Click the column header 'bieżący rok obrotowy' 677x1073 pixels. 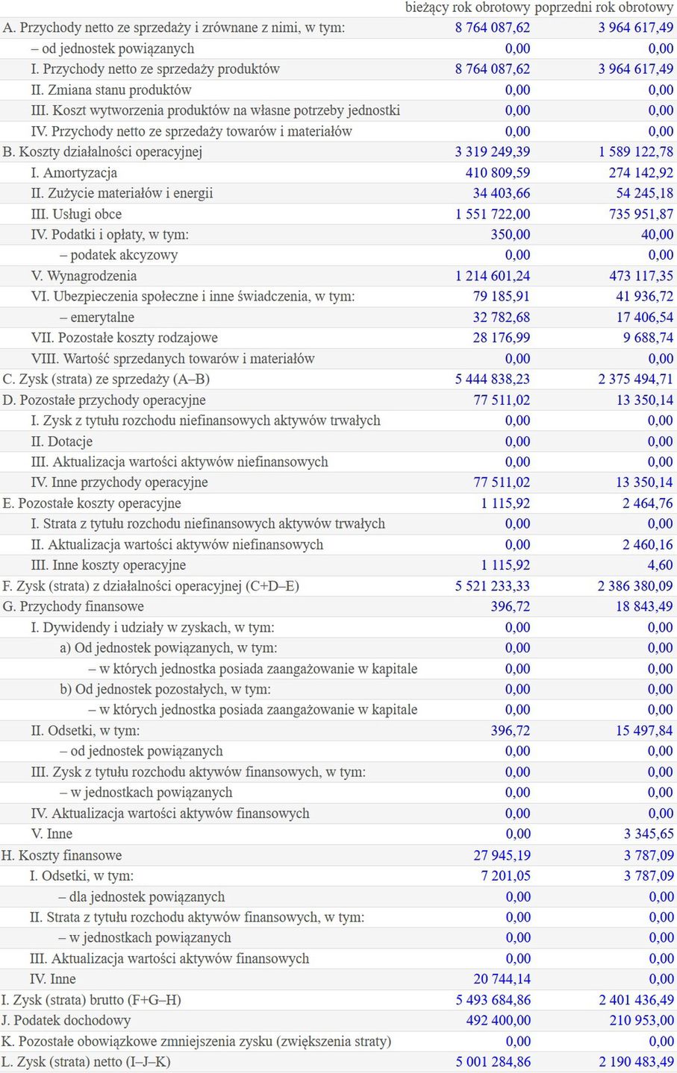click(x=467, y=7)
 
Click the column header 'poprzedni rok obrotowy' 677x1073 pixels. click(x=604, y=7)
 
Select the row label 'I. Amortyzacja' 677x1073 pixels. click(x=74, y=173)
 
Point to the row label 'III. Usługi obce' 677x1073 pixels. click(x=76, y=214)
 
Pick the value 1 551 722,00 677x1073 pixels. click(x=493, y=214)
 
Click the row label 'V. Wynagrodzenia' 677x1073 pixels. click(x=84, y=276)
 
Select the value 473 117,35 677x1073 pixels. click(x=641, y=276)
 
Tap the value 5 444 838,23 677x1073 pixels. click(x=493, y=380)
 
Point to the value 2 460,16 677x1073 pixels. click(x=648, y=545)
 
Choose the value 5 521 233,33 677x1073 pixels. click(x=493, y=586)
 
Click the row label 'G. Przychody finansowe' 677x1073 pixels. click(x=73, y=607)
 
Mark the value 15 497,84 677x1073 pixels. click(x=644, y=731)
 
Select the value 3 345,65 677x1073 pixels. click(x=649, y=834)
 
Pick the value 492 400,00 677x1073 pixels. click(x=499, y=1021)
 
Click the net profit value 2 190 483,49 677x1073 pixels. click(x=636, y=1062)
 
